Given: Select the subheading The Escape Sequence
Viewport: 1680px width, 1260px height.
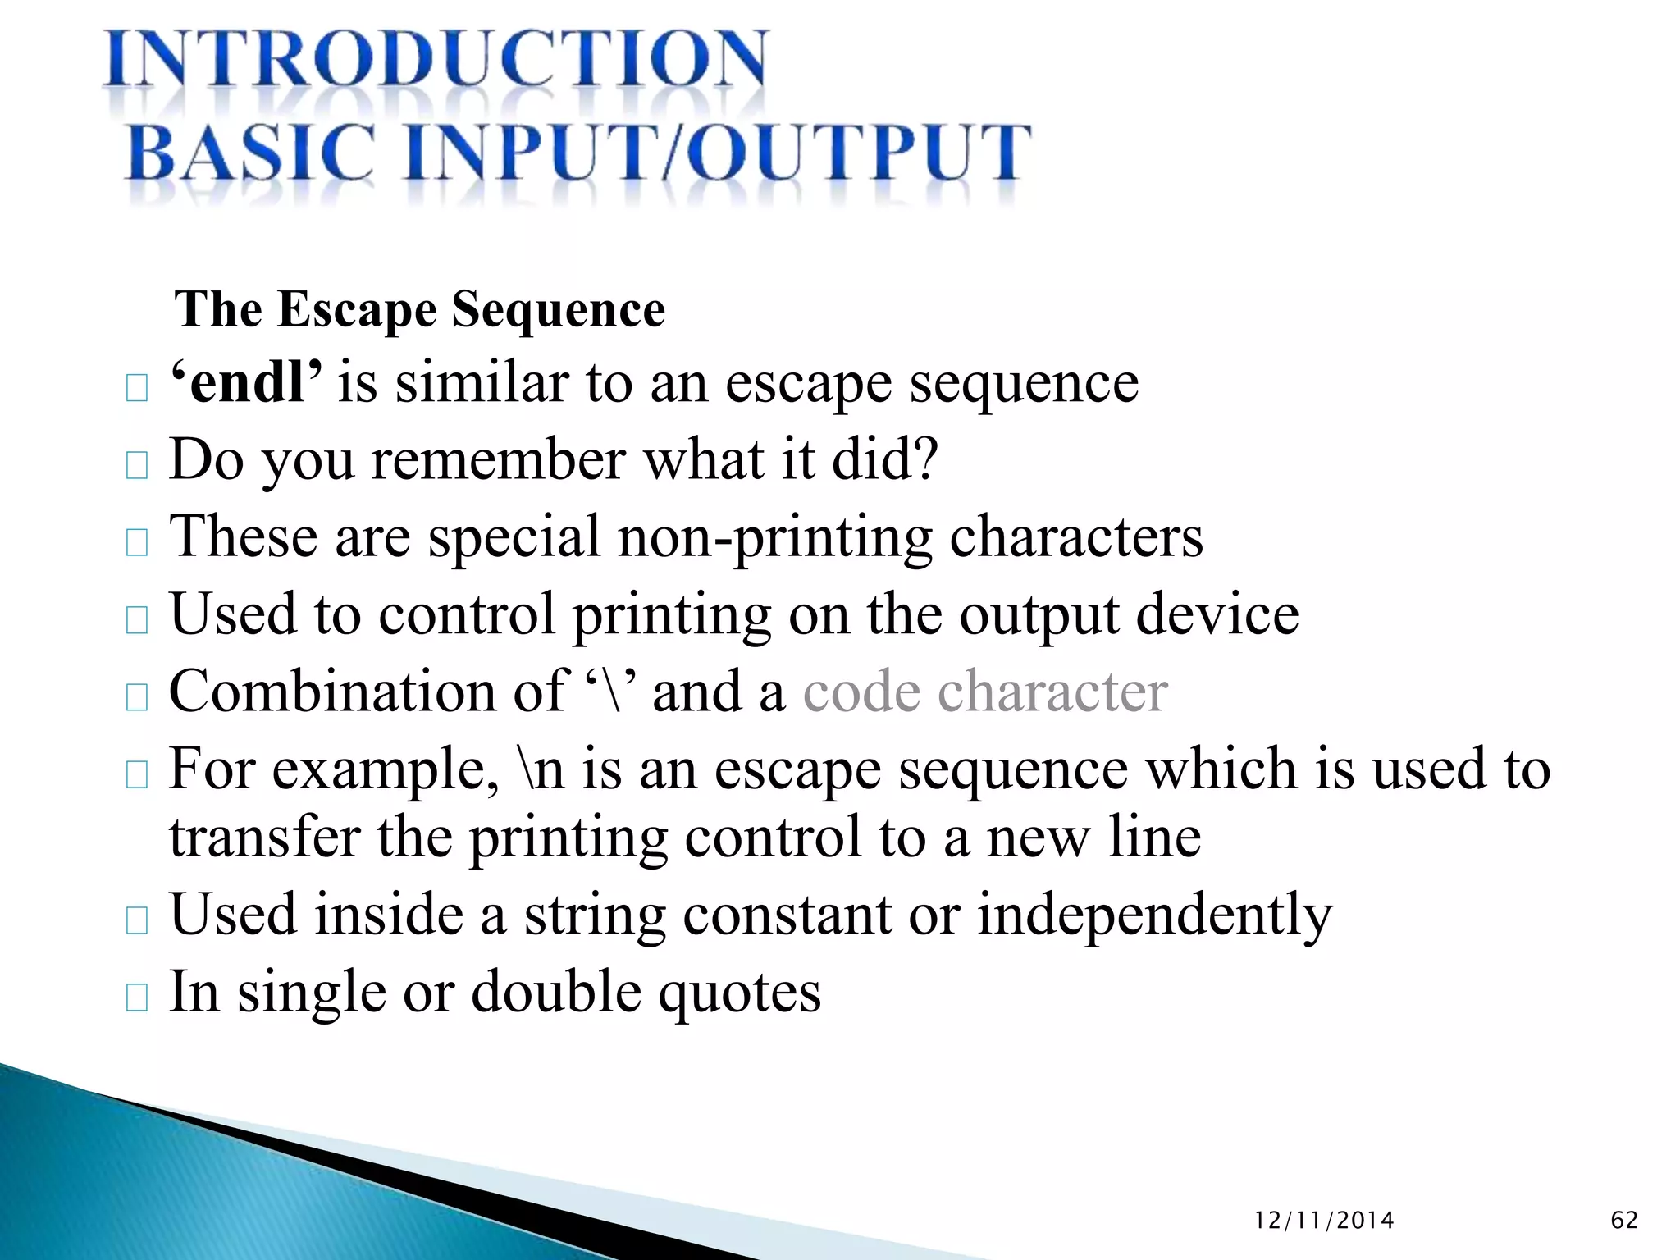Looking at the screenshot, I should click(419, 310).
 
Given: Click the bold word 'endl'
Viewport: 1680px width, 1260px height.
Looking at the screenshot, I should click(246, 382).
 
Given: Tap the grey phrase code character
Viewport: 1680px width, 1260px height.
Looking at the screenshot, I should click(984, 692).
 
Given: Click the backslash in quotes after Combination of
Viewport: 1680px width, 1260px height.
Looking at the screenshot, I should click(612, 692).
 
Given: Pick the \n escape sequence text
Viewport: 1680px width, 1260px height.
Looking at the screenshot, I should click(542, 769).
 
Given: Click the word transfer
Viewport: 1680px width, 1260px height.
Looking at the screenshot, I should click(264, 838).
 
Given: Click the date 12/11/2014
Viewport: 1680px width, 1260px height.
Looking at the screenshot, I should click(1324, 1221).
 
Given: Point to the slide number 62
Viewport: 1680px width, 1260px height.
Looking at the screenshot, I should click(1624, 1221).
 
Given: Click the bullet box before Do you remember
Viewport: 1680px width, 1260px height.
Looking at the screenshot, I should click(137, 465).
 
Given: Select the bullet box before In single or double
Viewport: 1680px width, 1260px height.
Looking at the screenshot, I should click(137, 997).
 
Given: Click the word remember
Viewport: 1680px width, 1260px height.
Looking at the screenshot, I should click(499, 459).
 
